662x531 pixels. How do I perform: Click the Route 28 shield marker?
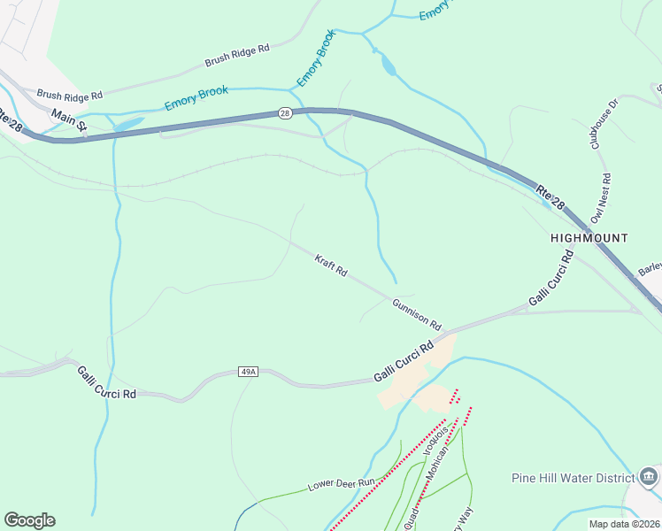click(284, 113)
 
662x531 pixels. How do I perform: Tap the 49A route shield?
click(247, 373)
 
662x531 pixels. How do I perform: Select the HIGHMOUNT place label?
click(589, 238)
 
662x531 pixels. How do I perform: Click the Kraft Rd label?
click(331, 265)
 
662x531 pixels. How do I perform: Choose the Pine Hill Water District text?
click(572, 478)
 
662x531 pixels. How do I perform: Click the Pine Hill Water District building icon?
click(649, 478)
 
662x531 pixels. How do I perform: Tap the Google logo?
click(29, 520)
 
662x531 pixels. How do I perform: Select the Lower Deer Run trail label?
click(342, 484)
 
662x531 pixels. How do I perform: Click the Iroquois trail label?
click(429, 439)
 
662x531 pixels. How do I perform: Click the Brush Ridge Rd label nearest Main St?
click(70, 94)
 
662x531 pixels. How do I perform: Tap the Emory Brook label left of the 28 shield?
click(196, 97)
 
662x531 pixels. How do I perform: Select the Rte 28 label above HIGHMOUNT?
click(550, 196)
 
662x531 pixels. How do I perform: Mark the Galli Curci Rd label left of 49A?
click(106, 382)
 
